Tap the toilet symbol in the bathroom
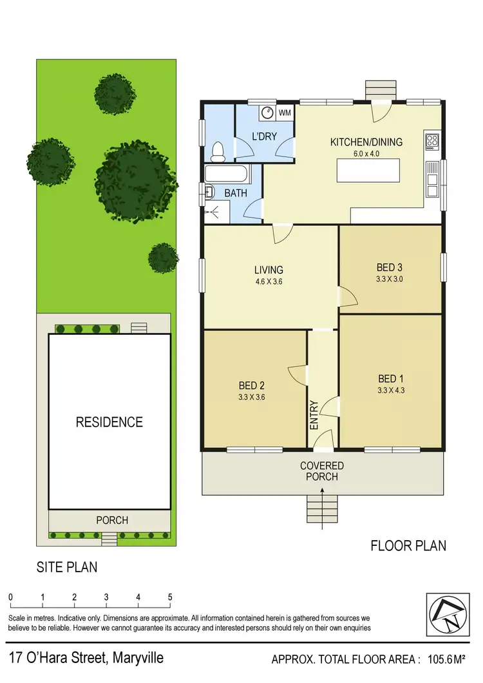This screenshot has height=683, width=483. (218, 151)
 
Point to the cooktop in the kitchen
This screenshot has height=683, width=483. (431, 140)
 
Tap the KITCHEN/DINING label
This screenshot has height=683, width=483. (366, 142)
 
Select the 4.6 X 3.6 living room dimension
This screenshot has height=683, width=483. (269, 282)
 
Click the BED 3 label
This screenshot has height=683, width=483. (390, 267)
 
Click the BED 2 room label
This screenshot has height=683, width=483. (252, 386)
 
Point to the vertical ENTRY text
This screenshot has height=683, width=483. (314, 415)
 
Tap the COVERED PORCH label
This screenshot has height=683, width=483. (322, 471)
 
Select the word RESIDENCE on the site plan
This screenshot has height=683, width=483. (109, 422)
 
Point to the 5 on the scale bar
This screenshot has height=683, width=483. (170, 597)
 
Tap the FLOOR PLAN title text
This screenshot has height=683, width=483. (408, 546)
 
